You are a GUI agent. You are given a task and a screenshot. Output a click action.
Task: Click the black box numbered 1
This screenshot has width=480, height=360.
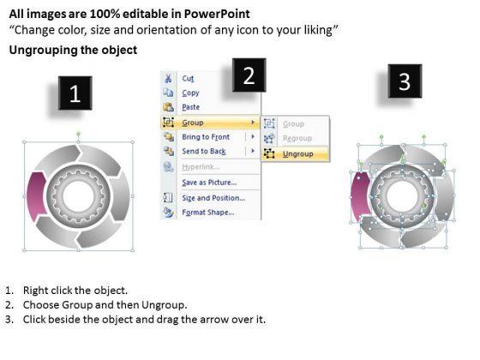75,93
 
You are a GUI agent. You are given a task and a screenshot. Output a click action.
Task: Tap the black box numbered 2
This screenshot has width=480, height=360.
249,75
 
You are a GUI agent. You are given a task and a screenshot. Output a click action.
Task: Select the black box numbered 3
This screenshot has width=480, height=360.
405,81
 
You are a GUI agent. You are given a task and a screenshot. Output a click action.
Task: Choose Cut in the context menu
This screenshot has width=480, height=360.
188,79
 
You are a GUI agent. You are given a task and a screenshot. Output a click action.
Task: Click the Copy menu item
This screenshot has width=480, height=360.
190,93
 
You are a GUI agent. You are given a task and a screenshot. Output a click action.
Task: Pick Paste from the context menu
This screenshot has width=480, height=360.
190,107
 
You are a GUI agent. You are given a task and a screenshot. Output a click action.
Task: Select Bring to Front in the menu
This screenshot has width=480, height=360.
206,137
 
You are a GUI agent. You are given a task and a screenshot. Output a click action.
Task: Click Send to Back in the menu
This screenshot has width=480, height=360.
204,151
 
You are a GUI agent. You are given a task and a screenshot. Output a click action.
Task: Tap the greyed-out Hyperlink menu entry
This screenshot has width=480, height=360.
201,167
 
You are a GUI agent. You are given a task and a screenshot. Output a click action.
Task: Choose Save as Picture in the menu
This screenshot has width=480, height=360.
209,183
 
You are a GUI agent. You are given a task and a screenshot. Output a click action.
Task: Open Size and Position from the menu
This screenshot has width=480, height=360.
213,198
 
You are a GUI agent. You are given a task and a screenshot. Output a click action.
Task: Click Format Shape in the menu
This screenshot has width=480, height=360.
207,213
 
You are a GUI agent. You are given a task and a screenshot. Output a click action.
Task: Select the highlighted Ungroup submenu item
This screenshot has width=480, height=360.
298,153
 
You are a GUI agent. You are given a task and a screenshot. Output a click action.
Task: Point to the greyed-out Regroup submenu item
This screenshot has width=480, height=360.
297,138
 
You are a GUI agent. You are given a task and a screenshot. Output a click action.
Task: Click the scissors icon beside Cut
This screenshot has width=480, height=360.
168,78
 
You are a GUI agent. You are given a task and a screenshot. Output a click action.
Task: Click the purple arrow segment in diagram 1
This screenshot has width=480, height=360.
36,196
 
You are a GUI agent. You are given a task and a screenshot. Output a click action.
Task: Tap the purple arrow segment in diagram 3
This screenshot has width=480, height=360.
360,196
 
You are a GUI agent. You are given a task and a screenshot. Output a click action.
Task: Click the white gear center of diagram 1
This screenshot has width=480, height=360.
78,196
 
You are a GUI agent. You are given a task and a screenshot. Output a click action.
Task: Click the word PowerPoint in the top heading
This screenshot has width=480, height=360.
217,14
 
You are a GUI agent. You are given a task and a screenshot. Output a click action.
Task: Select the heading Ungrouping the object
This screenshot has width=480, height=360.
73,50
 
